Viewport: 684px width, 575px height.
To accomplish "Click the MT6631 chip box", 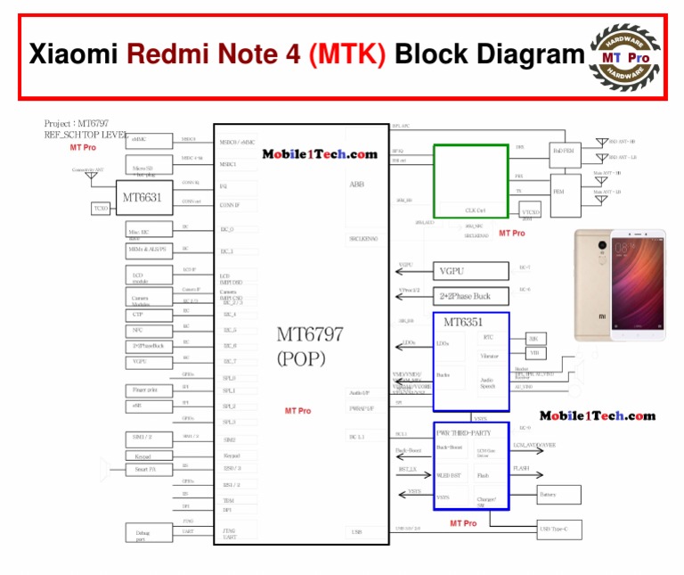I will point(142,197).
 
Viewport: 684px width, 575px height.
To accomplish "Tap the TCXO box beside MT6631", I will point(102,208).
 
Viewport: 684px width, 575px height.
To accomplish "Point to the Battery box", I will point(558,494).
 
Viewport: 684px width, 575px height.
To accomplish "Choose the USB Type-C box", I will point(558,531).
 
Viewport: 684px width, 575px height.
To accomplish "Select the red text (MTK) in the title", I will point(347,55).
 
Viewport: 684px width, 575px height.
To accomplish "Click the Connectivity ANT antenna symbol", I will point(91,177).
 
